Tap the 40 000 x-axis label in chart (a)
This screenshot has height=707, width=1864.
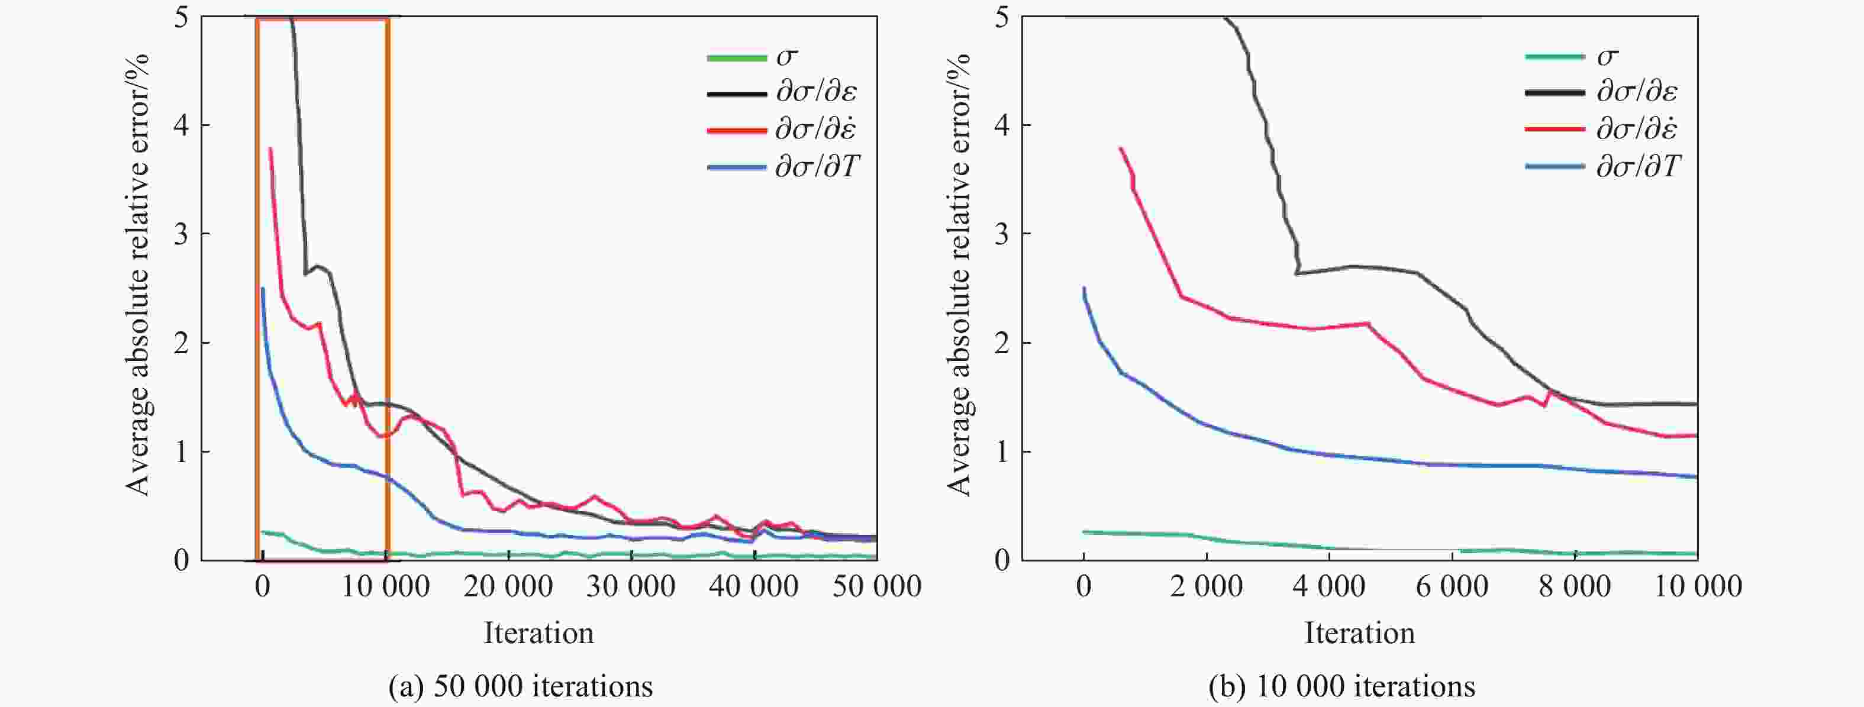tap(754, 586)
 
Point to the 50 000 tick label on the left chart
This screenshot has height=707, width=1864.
tap(877, 586)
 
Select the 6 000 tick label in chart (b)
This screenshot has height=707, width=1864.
tap(1452, 586)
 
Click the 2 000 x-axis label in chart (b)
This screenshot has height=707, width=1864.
tap(1206, 586)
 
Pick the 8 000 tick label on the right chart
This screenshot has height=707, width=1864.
tap(1575, 586)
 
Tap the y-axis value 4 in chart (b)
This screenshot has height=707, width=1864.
tap(1002, 126)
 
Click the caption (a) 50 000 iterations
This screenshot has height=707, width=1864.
tap(520, 685)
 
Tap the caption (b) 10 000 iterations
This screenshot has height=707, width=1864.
tap(1341, 685)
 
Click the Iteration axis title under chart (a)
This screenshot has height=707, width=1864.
tap(538, 633)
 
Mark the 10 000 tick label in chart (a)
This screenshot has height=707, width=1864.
tap(386, 586)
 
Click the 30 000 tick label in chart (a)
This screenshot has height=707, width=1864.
tap(631, 586)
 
